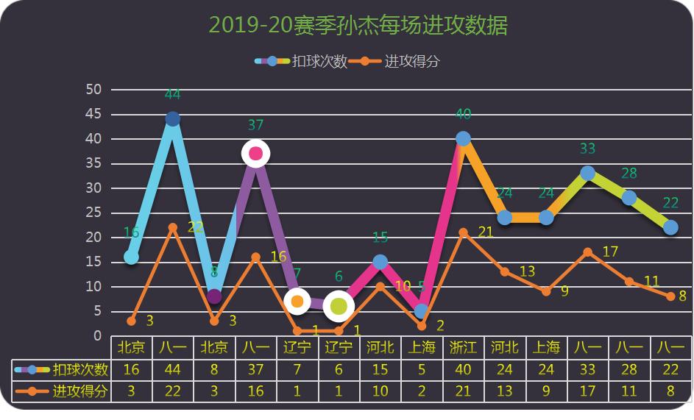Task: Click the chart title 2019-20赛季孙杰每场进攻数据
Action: [358, 26]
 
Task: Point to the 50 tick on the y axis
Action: [93, 89]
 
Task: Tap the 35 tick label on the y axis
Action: [93, 163]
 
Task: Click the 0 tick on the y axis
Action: [97, 336]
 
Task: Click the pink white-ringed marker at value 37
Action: [255, 154]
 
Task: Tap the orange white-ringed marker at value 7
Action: [297, 302]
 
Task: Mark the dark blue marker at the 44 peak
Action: [173, 119]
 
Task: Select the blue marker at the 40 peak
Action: [463, 138]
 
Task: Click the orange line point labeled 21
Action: [463, 232]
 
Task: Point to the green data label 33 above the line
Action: [587, 149]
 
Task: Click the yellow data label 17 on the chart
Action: [610, 252]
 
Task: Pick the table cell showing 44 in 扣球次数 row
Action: [173, 369]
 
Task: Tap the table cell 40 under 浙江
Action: [463, 369]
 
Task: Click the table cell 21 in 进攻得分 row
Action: [463, 391]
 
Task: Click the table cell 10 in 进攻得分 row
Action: [380, 391]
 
